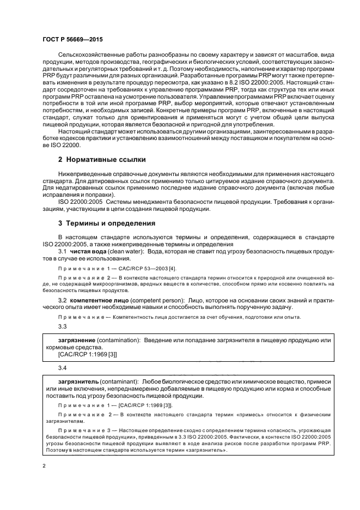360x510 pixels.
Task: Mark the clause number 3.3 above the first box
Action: pos(62,326)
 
